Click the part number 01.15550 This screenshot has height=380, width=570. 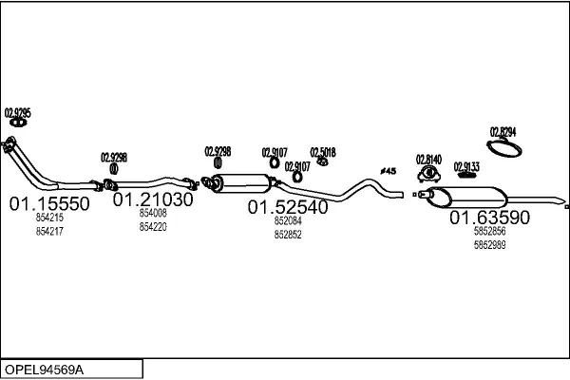[49, 204]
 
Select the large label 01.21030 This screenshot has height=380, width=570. [153, 200]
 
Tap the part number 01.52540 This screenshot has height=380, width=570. [288, 206]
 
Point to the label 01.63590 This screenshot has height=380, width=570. [489, 218]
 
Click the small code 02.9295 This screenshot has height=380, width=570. [18, 113]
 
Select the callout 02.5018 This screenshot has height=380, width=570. [323, 152]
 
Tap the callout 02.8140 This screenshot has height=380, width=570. [428, 159]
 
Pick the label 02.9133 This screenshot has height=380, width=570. [466, 166]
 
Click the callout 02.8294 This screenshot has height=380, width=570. [503, 131]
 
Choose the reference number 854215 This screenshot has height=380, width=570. [49, 218]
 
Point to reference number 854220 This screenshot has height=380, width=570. [153, 227]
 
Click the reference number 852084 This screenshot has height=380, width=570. [288, 220]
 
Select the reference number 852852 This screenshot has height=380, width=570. [288, 234]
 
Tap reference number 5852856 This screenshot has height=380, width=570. [489, 232]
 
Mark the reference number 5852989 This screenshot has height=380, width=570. [489, 244]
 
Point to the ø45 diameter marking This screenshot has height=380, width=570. [388, 171]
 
